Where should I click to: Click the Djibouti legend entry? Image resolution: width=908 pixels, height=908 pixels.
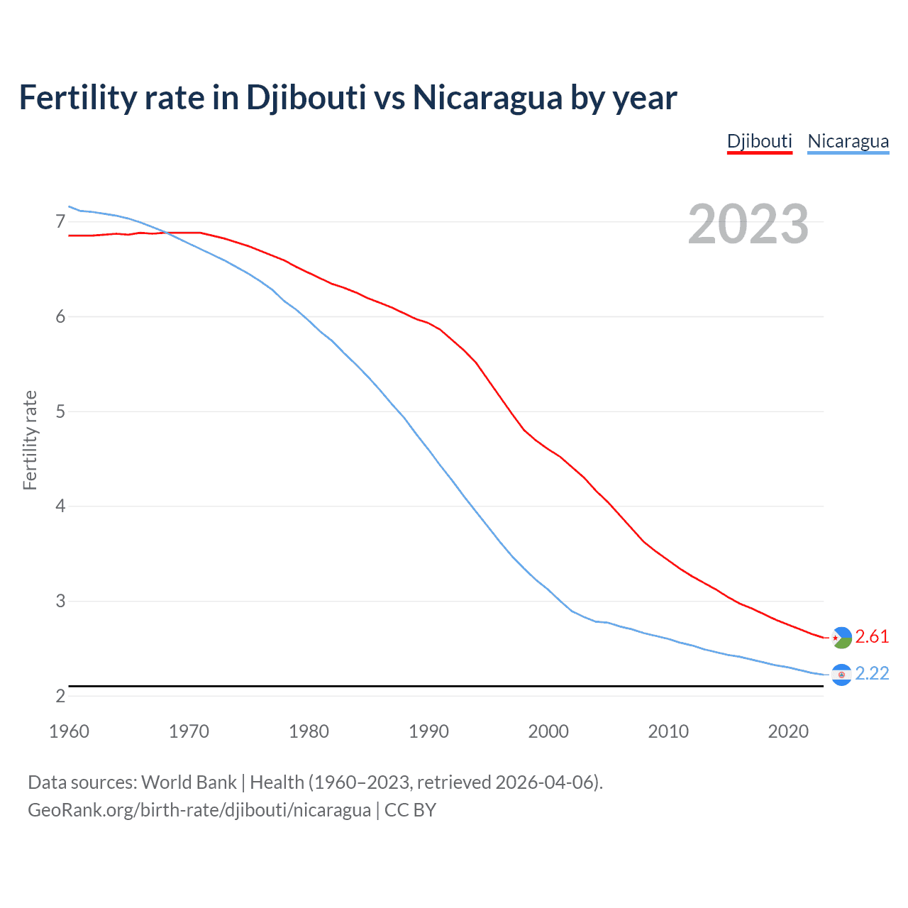[x=759, y=141]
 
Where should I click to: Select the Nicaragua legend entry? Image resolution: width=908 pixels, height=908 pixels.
[x=848, y=141]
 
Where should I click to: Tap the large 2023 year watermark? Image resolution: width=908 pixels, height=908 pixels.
[x=748, y=224]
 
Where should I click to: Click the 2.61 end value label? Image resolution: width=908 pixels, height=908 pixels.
[x=872, y=636]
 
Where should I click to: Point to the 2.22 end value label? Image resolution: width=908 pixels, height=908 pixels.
[x=872, y=673]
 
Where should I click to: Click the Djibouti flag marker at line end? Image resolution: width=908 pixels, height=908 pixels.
[x=841, y=638]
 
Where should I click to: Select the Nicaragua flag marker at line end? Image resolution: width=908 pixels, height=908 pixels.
[x=841, y=675]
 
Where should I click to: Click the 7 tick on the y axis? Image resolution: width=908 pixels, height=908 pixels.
[x=60, y=222]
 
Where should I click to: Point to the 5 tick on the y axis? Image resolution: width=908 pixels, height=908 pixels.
[x=60, y=411]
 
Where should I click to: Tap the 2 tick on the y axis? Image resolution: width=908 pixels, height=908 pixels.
[x=60, y=696]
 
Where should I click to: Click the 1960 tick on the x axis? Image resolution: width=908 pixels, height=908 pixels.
[x=69, y=731]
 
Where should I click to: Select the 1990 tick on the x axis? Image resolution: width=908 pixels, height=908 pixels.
[x=428, y=731]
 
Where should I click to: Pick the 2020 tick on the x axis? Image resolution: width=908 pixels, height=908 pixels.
[x=788, y=731]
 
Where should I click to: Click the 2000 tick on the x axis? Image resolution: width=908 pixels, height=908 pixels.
[x=548, y=731]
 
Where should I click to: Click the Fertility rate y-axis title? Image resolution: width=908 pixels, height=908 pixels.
[x=30, y=440]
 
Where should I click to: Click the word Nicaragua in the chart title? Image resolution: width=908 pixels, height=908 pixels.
[x=487, y=97]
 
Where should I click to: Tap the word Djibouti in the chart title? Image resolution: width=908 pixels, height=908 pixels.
[x=306, y=97]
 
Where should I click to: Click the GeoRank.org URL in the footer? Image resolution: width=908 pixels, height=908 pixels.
[x=199, y=810]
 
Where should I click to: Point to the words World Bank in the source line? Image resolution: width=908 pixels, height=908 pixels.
[x=189, y=782]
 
